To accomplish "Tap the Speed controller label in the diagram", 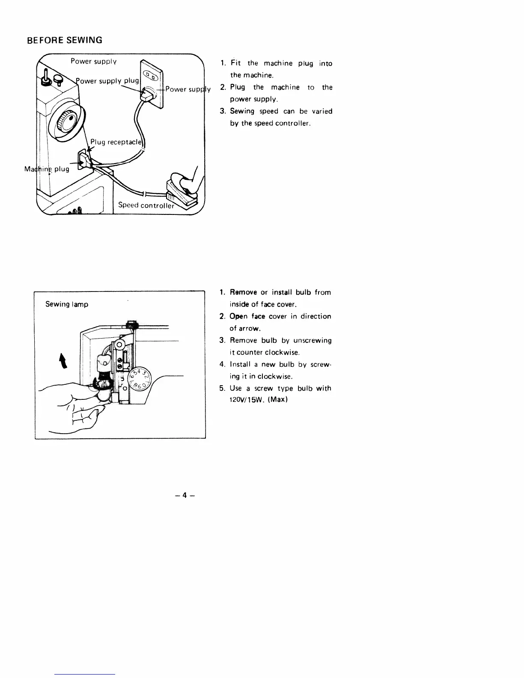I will point(146,205).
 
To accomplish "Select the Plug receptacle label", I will point(116,142).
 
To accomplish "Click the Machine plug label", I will point(47,169).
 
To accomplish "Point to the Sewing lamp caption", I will point(67,304).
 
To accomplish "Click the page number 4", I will point(185,495).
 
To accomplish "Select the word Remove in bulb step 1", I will point(243,292).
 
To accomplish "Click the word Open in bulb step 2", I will point(238,316).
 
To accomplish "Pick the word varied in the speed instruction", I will point(322,111).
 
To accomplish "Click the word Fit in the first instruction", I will point(236,63).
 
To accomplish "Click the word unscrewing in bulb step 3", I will point(313,340).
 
